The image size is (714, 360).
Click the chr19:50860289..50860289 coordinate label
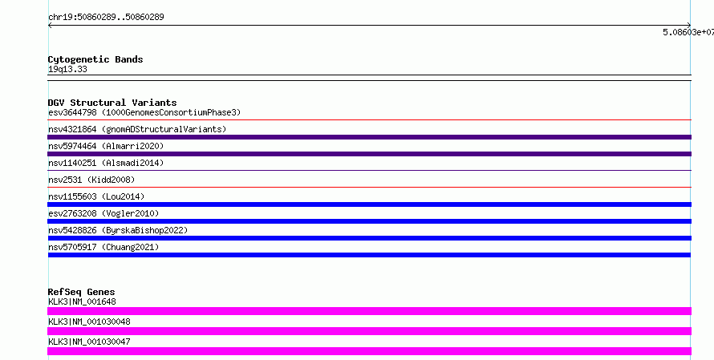point(106,17)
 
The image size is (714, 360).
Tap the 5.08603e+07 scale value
point(688,32)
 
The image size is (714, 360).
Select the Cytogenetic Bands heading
point(95,59)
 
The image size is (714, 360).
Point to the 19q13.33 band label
point(67,69)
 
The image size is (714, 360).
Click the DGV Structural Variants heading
point(112,103)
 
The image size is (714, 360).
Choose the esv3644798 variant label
point(144,112)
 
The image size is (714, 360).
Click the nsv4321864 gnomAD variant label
point(137,129)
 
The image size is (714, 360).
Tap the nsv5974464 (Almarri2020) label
point(106,146)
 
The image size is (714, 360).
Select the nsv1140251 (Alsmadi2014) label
point(106,163)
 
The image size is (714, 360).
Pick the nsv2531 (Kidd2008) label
point(91,180)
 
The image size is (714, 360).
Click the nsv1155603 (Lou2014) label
point(96,196)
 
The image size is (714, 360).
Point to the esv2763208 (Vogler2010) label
point(103,213)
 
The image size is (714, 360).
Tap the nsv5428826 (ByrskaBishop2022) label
point(118,230)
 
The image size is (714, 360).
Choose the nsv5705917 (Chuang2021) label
point(103,247)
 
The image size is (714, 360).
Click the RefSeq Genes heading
point(81,292)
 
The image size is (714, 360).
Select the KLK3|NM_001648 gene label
point(82,301)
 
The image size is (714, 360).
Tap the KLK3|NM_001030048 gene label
point(89,322)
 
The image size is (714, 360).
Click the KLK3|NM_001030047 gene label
point(89,342)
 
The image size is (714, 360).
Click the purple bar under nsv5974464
point(369,154)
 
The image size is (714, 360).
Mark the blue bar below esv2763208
point(369,221)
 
